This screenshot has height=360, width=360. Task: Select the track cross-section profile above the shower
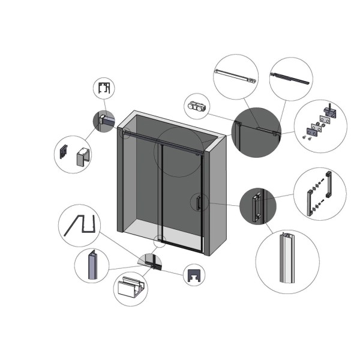(104, 89)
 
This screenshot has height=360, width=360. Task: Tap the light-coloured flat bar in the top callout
(236, 77)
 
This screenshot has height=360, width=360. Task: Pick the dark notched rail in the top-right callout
(291, 78)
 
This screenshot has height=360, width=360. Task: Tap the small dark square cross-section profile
(194, 274)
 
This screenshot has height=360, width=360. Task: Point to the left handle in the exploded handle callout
(311, 201)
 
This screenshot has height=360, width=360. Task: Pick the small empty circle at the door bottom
(159, 242)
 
